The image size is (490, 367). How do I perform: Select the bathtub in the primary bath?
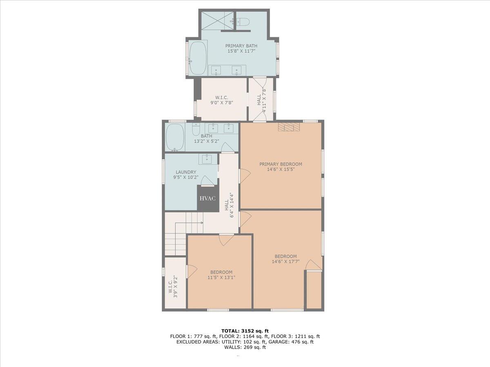point(197,58)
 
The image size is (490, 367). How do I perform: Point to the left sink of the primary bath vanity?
point(216,71)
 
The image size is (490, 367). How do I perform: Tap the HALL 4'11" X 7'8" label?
point(261,98)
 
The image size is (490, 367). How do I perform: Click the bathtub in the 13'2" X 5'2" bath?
point(175,137)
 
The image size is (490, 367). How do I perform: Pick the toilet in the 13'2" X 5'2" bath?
point(196,130)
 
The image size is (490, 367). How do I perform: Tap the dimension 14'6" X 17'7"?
point(285,262)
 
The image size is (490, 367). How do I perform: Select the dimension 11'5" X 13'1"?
point(221,278)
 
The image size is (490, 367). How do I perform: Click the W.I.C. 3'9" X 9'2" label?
point(173,286)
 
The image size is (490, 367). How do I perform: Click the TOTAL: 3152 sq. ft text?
point(245,331)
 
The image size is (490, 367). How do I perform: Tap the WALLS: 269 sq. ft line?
point(245,347)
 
